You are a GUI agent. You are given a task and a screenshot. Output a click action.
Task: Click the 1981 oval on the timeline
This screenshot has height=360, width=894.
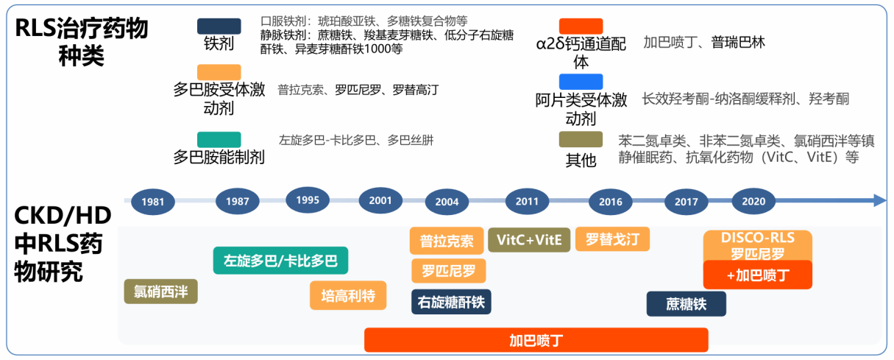click(x=153, y=202)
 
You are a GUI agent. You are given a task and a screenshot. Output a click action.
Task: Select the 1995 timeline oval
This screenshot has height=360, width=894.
click(x=308, y=200)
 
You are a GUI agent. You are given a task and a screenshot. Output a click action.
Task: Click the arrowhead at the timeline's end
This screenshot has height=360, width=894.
click(x=880, y=200)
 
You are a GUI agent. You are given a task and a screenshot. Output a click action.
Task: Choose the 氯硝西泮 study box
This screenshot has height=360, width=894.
click(x=161, y=292)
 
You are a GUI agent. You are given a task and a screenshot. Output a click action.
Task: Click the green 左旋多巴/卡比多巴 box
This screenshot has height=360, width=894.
click(x=280, y=261)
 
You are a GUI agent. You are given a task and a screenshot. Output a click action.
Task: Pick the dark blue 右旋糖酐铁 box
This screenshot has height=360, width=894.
click(x=450, y=302)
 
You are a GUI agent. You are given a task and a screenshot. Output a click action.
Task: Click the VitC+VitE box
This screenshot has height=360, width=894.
click(x=529, y=239)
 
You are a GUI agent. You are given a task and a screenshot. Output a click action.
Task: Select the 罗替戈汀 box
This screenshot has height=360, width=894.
click(x=612, y=239)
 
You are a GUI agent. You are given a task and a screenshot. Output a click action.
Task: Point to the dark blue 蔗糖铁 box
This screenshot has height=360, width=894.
click(x=686, y=304)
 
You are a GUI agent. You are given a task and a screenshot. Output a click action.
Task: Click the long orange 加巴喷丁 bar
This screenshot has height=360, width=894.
click(x=536, y=340)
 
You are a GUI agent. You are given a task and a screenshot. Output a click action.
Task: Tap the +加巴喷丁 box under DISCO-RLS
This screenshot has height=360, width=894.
click(x=757, y=275)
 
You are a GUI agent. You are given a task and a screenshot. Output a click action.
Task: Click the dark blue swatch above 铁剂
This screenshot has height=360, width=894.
click(x=219, y=27)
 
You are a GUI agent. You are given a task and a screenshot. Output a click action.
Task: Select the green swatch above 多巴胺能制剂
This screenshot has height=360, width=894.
click(x=219, y=139)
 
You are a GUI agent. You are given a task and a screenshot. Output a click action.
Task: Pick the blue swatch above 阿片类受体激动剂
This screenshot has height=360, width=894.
click(x=581, y=82)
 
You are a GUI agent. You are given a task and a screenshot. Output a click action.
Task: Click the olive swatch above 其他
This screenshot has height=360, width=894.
click(x=581, y=139)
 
